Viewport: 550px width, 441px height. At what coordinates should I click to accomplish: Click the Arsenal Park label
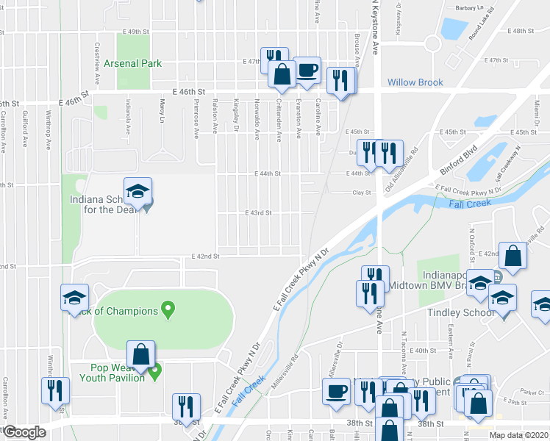click(132, 64)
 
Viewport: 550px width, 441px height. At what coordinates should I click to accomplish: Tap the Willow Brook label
click(415, 83)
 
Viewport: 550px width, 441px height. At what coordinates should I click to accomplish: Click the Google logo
click(24, 432)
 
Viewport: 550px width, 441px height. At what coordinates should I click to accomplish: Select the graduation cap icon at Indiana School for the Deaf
click(137, 192)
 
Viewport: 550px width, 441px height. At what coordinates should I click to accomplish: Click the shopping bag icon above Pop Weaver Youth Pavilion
click(140, 355)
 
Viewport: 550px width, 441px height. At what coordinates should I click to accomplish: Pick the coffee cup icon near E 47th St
click(307, 71)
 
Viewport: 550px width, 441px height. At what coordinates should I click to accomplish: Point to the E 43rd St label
click(259, 213)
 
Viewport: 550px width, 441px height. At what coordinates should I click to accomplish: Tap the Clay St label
click(360, 193)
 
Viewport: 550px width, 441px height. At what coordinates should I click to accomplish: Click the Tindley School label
click(460, 312)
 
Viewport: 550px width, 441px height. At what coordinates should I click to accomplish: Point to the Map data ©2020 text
click(519, 434)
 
